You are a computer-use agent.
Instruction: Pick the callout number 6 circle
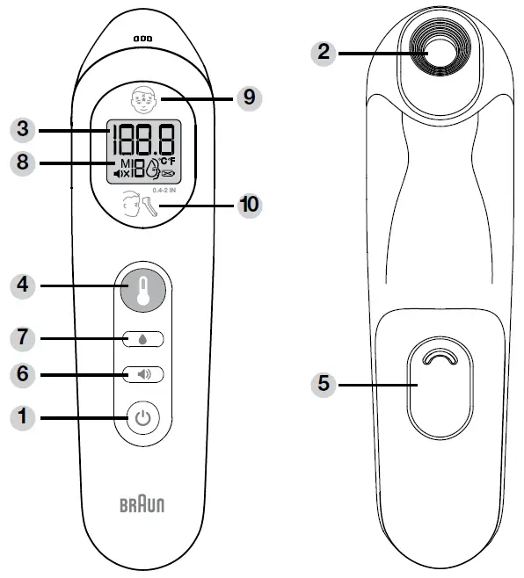(x=21, y=374)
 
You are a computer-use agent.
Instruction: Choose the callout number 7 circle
(x=21, y=337)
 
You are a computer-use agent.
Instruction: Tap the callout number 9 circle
(x=250, y=97)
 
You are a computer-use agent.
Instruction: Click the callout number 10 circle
(x=250, y=205)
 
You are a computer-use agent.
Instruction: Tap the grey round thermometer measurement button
(x=142, y=286)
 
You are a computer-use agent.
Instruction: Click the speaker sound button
(x=142, y=374)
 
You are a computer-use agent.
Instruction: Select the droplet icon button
(x=142, y=337)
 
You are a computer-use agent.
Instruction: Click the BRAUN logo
(x=142, y=506)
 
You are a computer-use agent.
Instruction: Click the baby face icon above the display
(x=143, y=98)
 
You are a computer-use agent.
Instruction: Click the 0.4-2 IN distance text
(x=164, y=189)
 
